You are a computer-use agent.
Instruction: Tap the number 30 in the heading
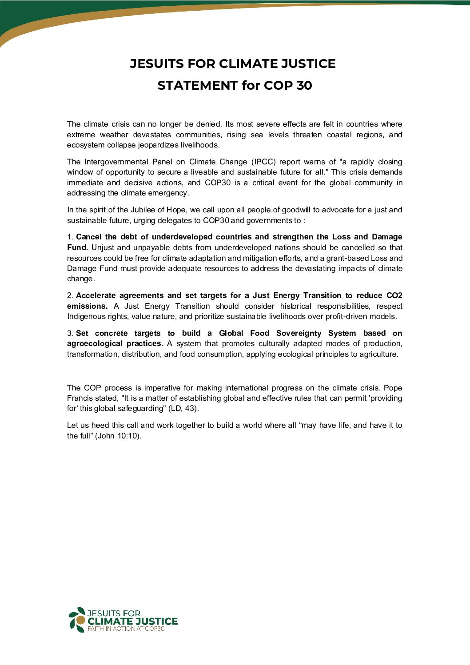304,85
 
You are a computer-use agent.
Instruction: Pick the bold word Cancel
89,237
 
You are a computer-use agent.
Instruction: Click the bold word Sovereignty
299,333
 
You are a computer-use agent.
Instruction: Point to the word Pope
393,388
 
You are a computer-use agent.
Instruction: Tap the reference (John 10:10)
118,436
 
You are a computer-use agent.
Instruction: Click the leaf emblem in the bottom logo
77,619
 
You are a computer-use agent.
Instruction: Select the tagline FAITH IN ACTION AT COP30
126,629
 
